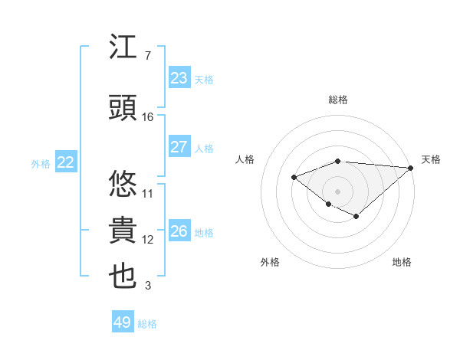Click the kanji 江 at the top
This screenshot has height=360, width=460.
pos(123,49)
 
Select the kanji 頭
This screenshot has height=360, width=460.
pos(123,108)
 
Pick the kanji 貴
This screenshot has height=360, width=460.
pos(123,231)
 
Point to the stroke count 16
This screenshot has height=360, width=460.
pos(148,117)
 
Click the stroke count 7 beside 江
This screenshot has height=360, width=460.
pos(147,56)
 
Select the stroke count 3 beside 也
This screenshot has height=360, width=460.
pos(147,286)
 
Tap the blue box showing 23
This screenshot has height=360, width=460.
pos(179,78)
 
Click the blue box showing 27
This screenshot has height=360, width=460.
pos(179,147)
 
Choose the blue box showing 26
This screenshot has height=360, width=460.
pos(179,231)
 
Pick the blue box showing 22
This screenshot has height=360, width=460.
pos(66,162)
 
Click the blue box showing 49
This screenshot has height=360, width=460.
pos(122,322)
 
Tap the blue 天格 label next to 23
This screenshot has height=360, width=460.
pos(204,79)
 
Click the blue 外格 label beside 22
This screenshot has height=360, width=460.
pos(41,163)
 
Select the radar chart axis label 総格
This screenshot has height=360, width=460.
pos(337,100)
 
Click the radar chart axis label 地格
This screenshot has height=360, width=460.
pos(402,262)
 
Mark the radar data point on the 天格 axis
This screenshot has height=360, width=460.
pos(412,168)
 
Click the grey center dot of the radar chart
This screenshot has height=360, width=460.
pos(337,191)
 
